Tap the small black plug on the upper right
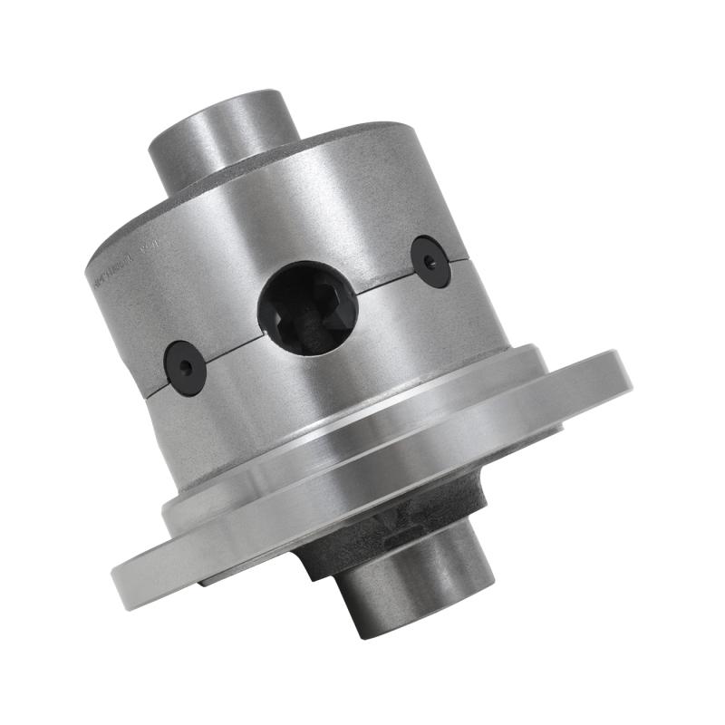[430, 262]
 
